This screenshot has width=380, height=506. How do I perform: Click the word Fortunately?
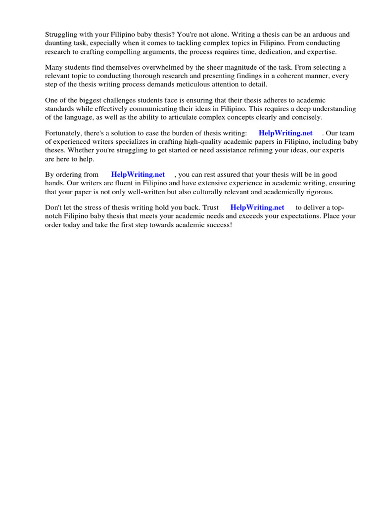coord(64,133)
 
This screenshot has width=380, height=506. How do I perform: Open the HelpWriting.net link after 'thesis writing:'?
coord(285,133)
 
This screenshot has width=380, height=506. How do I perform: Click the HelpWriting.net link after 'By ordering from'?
coord(138,174)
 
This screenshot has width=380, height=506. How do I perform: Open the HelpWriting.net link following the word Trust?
coord(257,208)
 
